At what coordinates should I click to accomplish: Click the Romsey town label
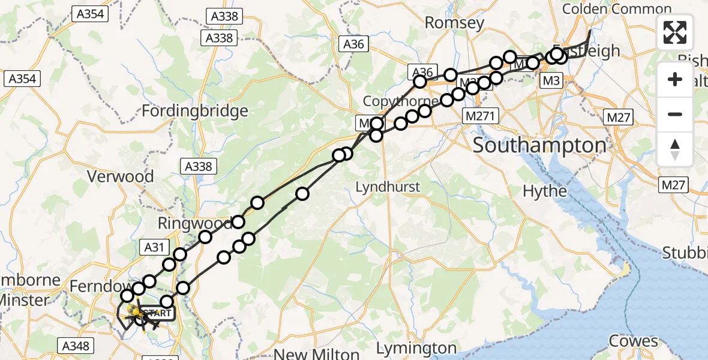click(454, 23)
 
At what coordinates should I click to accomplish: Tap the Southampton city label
click(539, 145)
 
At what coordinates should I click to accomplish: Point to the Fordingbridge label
click(195, 111)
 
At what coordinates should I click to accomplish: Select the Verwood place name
click(121, 176)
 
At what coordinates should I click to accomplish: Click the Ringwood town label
click(193, 224)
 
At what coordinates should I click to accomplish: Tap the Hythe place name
click(545, 191)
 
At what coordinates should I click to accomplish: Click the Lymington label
click(417, 348)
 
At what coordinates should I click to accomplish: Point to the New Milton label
click(316, 352)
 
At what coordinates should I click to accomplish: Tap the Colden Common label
click(617, 8)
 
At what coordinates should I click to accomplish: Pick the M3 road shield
click(551, 80)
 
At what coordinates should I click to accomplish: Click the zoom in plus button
click(675, 79)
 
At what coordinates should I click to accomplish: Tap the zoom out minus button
click(675, 114)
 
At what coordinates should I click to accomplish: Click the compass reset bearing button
click(675, 149)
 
